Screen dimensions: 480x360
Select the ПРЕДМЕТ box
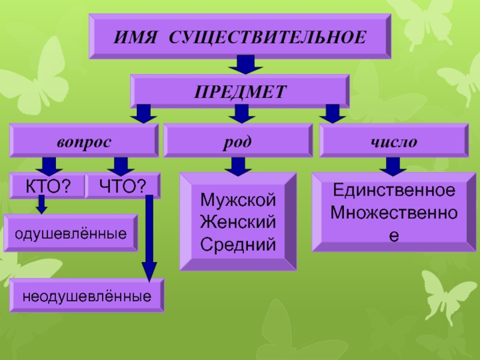coord(239,91)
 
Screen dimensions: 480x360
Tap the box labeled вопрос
coord(84,140)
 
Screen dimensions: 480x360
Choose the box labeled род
coord(239,140)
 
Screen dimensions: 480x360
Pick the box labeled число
coord(394,140)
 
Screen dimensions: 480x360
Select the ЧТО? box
coord(123,186)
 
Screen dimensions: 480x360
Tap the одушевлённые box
coord(71,232)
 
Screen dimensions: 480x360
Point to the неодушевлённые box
coord(86,295)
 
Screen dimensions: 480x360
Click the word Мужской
coord(238,199)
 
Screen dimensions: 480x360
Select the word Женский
coord(238,221)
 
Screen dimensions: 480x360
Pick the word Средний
coord(238,244)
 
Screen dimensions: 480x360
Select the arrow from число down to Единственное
coord(394,166)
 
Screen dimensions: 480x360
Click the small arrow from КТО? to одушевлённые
coord(41,205)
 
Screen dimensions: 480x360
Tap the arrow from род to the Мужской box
coord(239,166)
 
